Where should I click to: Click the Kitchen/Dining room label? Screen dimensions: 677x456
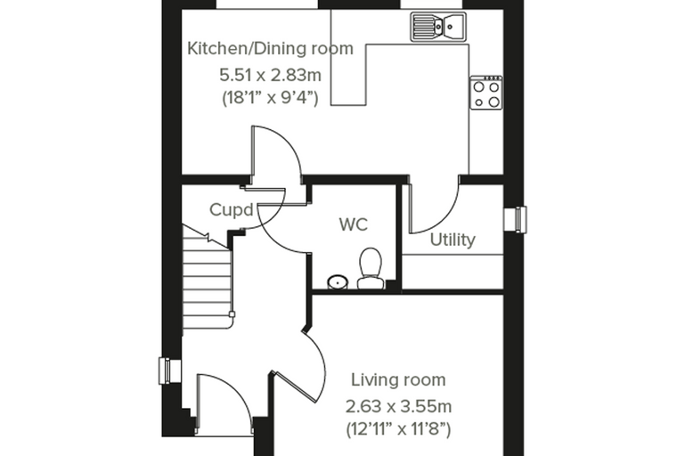tap(270, 48)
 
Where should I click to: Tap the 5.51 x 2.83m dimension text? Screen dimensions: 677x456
tap(270, 75)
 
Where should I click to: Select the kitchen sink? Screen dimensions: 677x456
tap(438, 27)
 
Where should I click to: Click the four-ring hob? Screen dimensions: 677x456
tap(486, 93)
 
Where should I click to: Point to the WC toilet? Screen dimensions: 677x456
tap(371, 268)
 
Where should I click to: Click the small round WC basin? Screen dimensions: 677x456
tap(338, 283)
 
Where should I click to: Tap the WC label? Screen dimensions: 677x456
tap(353, 224)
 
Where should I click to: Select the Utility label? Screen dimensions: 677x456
tap(453, 240)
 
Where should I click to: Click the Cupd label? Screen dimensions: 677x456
tap(232, 210)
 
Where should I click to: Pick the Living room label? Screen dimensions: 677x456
tap(398, 380)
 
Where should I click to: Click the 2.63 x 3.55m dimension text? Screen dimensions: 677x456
tap(398, 406)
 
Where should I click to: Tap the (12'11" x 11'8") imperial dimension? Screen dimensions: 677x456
tap(398, 429)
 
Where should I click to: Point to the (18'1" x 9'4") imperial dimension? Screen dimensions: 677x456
tap(270, 98)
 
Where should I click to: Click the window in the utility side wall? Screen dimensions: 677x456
tap(516, 219)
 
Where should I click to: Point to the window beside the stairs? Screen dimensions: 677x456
tap(170, 370)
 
